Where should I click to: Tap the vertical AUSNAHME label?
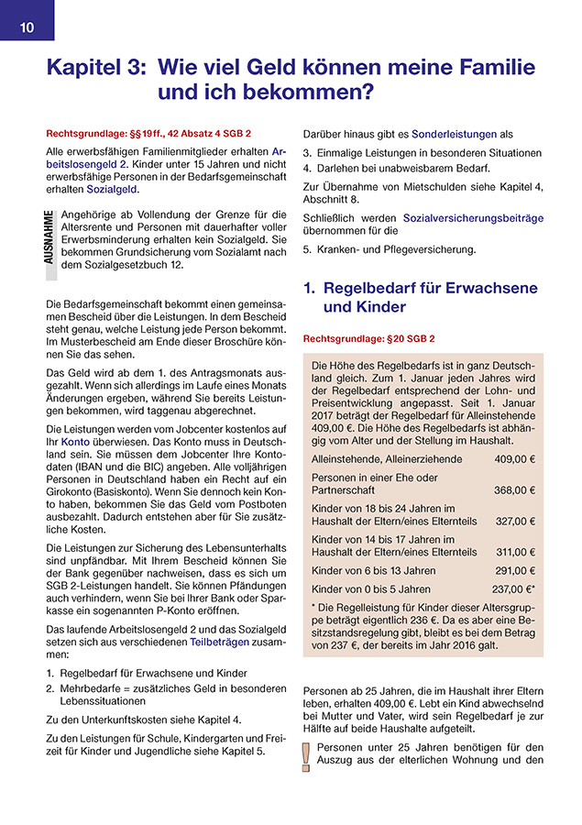pos(49,238)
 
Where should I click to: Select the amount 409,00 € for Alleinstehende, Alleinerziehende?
pos(515,459)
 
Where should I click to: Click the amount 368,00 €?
pos(515,489)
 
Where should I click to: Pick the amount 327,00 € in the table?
pos(515,521)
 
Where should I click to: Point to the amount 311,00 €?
pos(515,552)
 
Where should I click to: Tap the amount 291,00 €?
pos(515,570)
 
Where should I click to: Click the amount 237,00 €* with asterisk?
pos(513,589)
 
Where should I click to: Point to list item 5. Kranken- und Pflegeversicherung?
pos(390,249)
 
